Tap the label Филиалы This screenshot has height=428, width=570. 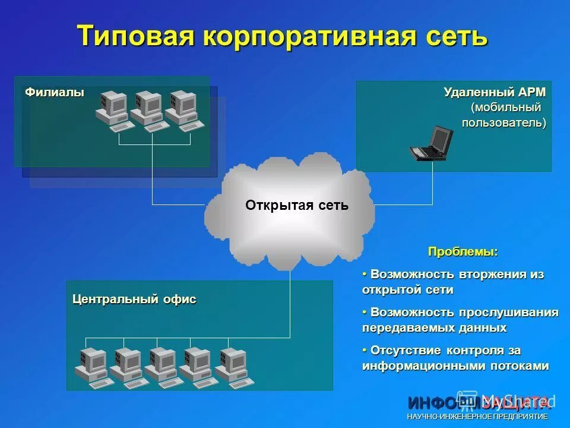tap(55, 92)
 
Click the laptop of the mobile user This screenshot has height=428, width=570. tap(432, 143)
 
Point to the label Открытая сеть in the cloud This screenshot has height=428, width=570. tap(297, 206)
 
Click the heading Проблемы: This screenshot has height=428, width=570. tap(463, 252)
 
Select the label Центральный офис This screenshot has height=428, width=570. tap(134, 300)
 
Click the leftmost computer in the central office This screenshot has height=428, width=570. tap(91, 365)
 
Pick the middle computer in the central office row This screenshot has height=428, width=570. tap(161, 365)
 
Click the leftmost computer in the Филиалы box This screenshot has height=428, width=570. tap(113, 111)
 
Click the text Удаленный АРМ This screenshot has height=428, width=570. tap(494, 93)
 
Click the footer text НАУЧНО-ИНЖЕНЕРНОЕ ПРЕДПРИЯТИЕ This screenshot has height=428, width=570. tap(477, 417)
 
